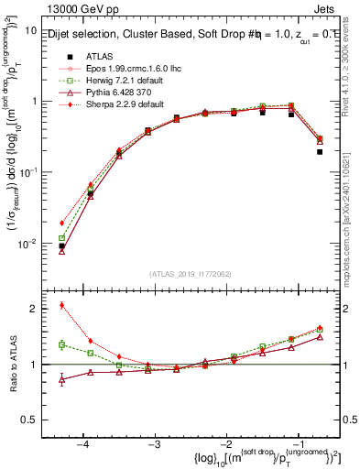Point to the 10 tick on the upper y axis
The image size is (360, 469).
32,30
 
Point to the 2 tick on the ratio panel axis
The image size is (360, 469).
35,309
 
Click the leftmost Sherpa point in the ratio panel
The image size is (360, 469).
61,305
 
